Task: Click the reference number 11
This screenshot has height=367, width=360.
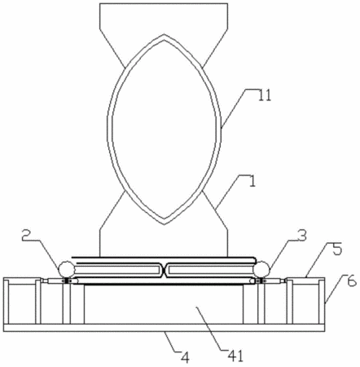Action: [264, 95]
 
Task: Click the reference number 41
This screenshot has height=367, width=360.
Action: [236, 356]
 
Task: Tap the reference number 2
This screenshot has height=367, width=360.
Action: [28, 236]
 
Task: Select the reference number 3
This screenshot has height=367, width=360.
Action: [301, 236]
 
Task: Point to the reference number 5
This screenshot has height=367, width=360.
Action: [337, 250]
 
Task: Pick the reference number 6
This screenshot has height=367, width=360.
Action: [352, 281]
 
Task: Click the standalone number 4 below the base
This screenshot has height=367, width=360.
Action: [185, 358]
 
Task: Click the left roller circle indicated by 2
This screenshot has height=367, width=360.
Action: [67, 268]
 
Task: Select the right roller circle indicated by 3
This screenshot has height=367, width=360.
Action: [262, 268]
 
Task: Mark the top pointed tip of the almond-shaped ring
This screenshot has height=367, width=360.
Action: [164, 34]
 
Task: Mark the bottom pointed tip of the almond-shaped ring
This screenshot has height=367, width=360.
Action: [164, 224]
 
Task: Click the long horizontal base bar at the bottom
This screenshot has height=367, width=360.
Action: [164, 328]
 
